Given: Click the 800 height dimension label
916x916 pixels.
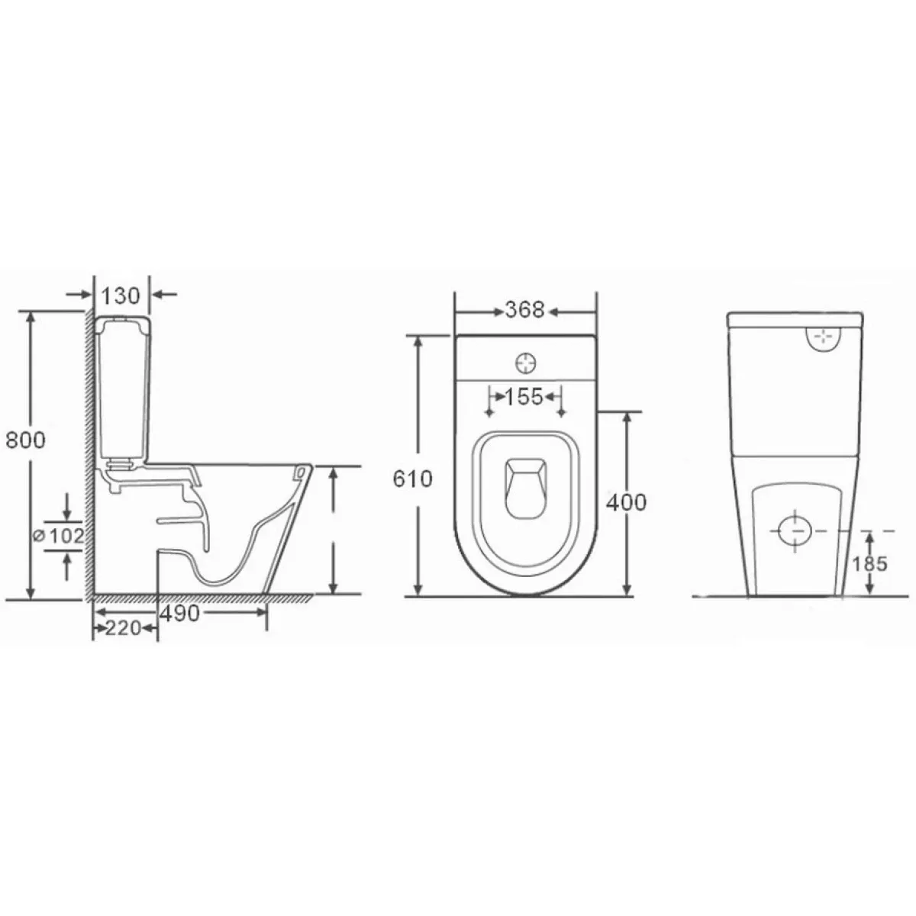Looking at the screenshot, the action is pyautogui.click(x=26, y=440).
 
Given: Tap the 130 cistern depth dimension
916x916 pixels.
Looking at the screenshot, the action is pyautogui.click(x=121, y=295).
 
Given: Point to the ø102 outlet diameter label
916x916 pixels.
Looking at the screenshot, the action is pyautogui.click(x=59, y=536).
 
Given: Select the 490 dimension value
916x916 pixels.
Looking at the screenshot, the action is pyautogui.click(x=179, y=614).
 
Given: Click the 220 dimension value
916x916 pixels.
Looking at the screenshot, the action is pyautogui.click(x=123, y=628).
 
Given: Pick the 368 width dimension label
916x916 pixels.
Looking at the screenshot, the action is pyautogui.click(x=524, y=310).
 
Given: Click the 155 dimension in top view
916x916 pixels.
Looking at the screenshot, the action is pyautogui.click(x=524, y=397).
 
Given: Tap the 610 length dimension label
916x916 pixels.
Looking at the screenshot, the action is pyautogui.click(x=413, y=479).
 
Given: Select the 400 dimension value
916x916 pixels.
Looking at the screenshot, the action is pyautogui.click(x=626, y=502).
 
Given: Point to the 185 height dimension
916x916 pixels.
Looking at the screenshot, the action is pyautogui.click(x=869, y=564).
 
